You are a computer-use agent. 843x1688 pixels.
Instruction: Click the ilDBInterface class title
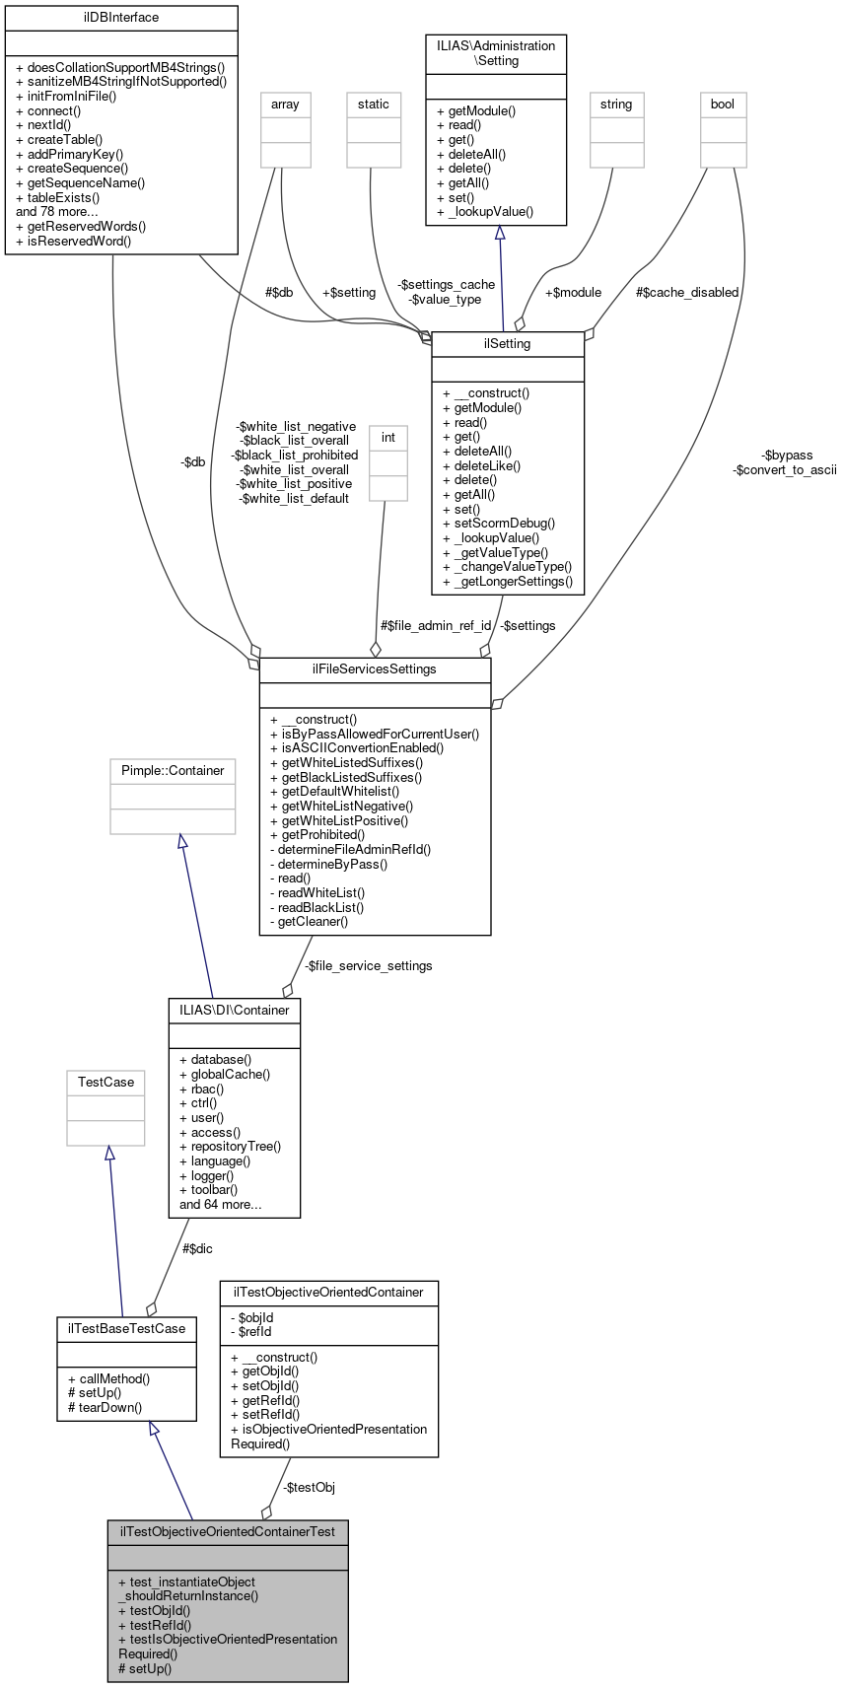[121, 18]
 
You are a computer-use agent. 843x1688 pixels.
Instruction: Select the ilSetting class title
[508, 344]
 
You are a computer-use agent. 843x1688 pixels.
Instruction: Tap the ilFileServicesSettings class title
[375, 669]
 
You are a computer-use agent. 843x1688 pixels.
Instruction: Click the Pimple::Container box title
[173, 770]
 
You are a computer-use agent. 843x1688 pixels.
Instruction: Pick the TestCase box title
[105, 1082]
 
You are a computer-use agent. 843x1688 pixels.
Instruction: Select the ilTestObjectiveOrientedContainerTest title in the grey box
[228, 1531]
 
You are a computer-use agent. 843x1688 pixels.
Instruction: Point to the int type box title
[388, 437]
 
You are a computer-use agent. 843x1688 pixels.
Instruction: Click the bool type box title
[723, 104]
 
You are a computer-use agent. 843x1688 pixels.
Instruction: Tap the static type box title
[374, 104]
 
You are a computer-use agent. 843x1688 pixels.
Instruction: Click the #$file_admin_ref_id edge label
[435, 625]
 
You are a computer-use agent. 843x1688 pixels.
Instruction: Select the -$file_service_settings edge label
[368, 965]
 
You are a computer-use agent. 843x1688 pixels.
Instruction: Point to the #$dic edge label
[196, 1248]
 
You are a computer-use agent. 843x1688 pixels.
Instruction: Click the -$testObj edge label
[309, 1487]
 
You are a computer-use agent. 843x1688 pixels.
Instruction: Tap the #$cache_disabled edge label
[686, 292]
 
